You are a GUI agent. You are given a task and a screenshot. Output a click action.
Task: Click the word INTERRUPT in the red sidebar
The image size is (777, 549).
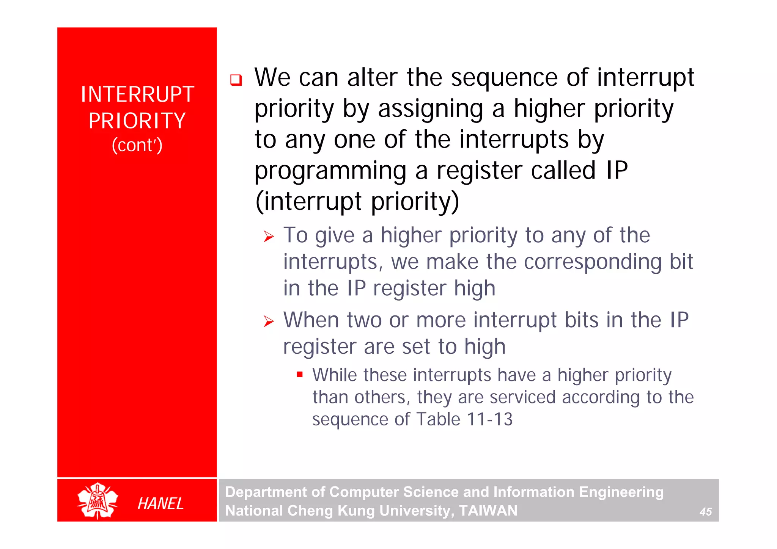tap(137, 94)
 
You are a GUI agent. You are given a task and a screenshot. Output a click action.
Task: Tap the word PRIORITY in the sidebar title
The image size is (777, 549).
tap(137, 121)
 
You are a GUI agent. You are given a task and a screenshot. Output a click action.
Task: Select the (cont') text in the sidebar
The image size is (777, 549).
tap(137, 145)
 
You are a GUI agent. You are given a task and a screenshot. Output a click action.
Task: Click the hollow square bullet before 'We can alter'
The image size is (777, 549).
tap(236, 80)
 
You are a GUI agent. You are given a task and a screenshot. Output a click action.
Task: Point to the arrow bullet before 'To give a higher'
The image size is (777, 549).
tap(269, 237)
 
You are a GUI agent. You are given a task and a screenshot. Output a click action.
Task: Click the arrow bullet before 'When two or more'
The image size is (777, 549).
tap(269, 322)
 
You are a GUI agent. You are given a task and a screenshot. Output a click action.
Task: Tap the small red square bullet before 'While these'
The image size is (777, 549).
tap(300, 375)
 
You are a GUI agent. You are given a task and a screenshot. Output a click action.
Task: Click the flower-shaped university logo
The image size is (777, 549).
tap(98, 500)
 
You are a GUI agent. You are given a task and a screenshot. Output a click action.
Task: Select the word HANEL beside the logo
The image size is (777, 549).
tap(160, 504)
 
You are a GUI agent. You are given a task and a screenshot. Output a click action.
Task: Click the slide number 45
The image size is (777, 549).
tap(705, 512)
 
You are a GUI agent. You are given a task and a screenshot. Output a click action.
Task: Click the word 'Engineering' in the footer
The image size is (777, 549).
tap(621, 492)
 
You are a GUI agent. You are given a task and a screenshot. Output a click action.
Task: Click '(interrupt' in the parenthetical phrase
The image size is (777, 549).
tap(308, 201)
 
